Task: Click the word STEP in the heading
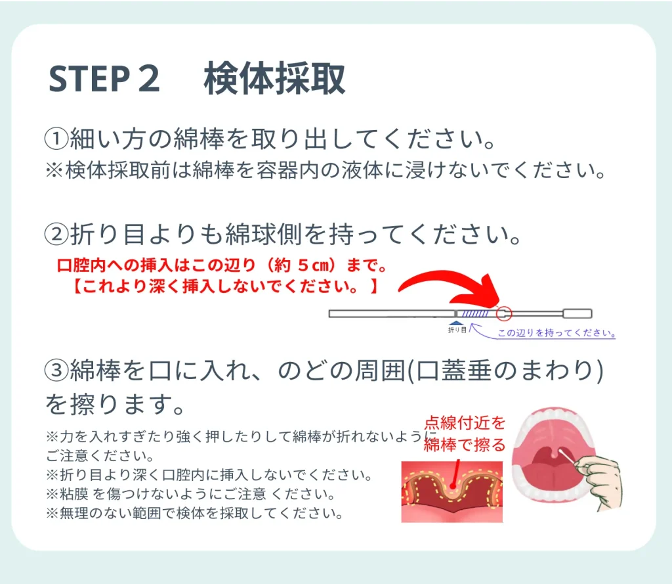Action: [x=89, y=79]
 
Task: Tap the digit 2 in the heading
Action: [x=149, y=79]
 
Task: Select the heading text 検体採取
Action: [x=274, y=78]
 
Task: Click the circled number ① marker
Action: [x=56, y=139]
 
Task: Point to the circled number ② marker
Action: [x=56, y=235]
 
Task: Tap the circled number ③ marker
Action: [x=56, y=371]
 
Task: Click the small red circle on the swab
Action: [x=504, y=313]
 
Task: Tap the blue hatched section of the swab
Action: [x=475, y=313]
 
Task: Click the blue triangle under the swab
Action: [x=455, y=324]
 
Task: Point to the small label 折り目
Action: [x=457, y=330]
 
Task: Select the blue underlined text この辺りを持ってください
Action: [x=556, y=333]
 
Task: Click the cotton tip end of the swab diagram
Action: [x=577, y=313]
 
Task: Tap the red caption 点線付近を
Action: [x=465, y=422]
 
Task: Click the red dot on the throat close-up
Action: [x=453, y=485]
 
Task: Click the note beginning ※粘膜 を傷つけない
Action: [x=190, y=494]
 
